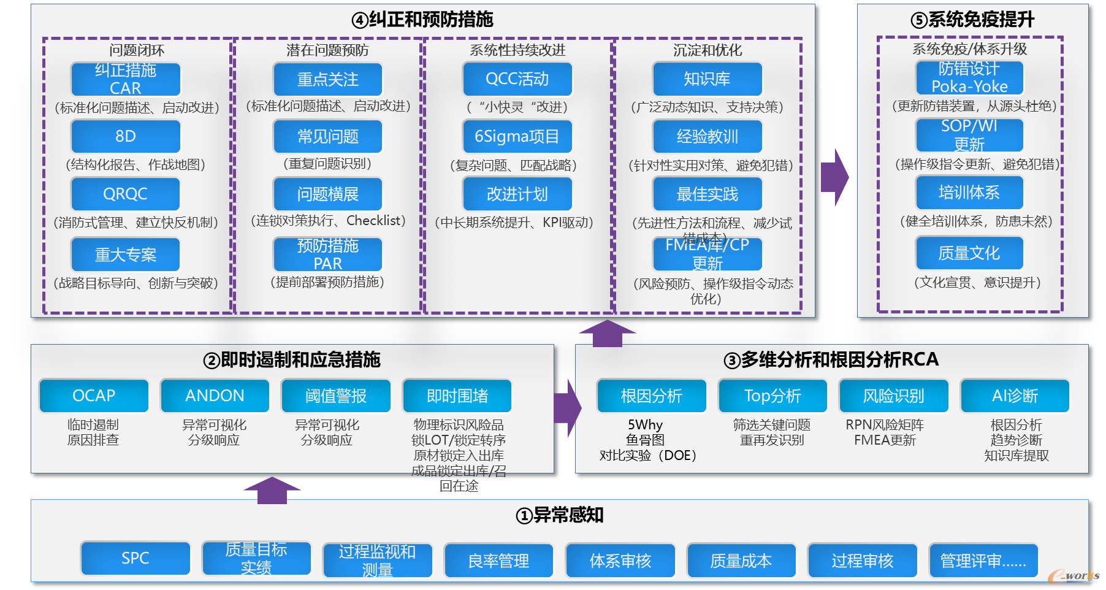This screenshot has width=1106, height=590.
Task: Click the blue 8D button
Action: point(126,136)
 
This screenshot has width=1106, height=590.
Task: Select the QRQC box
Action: point(126,194)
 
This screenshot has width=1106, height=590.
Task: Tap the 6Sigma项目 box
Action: point(517,136)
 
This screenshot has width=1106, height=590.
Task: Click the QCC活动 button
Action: point(517,79)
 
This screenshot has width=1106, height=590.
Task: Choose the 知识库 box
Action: point(707,79)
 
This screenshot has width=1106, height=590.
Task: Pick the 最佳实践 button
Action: point(707,194)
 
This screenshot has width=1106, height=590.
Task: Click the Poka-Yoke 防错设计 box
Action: point(969,77)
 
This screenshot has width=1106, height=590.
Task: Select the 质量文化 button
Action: point(969,253)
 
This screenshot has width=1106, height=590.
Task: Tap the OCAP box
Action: point(94,396)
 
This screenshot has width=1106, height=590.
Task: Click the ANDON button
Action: point(215,396)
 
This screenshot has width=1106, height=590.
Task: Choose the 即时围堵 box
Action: point(457,396)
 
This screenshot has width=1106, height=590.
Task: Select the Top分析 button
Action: point(772,396)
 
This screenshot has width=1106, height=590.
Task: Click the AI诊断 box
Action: point(1015,396)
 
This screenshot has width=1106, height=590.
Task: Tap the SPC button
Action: point(135,558)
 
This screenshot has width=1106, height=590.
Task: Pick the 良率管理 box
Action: point(498,561)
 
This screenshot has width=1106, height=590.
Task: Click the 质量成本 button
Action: point(741,561)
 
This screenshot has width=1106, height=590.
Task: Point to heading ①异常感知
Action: point(559,515)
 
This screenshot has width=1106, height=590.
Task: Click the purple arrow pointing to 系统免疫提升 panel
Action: point(835,177)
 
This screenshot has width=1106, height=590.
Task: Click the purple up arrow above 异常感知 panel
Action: point(272,490)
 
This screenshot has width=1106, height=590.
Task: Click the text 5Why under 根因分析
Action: point(645,424)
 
